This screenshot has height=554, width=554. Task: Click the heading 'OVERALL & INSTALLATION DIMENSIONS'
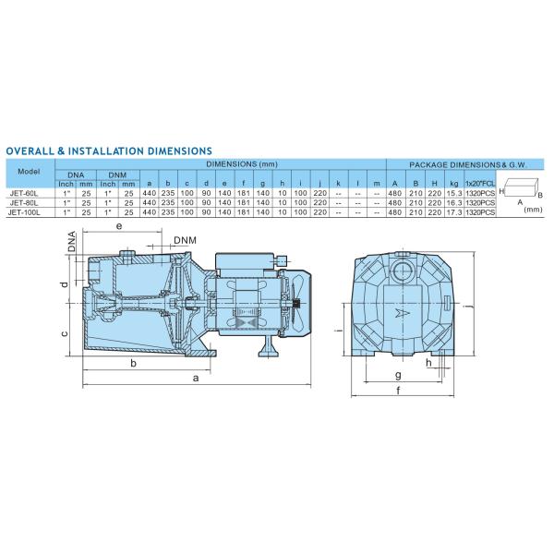click(x=109, y=151)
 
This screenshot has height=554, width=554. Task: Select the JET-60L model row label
click(x=24, y=193)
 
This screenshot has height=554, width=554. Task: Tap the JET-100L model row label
click(x=24, y=212)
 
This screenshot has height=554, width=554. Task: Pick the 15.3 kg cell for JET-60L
click(x=454, y=193)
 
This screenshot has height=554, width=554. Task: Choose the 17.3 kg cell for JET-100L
click(x=454, y=212)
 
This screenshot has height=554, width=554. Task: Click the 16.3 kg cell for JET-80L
click(x=454, y=203)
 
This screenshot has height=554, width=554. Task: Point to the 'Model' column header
click(x=29, y=172)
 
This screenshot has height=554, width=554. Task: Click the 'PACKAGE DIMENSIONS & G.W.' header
click(x=468, y=164)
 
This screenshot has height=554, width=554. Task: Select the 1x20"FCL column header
click(x=480, y=184)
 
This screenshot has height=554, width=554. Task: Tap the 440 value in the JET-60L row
click(x=149, y=193)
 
